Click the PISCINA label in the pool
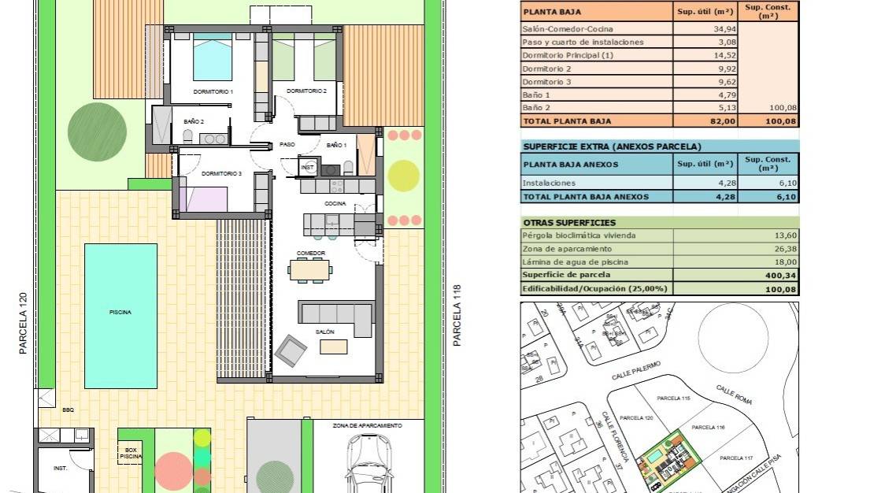click(120, 313)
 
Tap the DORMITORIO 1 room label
click(213, 92)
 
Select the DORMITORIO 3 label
click(221, 173)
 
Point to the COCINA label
click(335, 203)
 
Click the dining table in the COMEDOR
click(310, 270)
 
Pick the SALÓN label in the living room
click(325, 332)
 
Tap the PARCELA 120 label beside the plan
click(24, 323)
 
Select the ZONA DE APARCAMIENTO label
click(367, 425)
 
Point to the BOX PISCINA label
click(131, 453)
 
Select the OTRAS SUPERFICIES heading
click(569, 223)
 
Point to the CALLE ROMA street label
click(734, 395)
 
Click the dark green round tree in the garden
click(97, 131)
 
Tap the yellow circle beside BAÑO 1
click(403, 175)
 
